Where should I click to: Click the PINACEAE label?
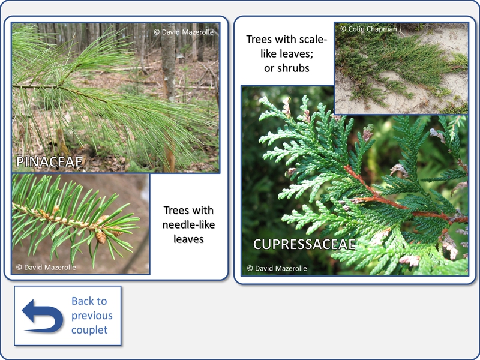point(49,161)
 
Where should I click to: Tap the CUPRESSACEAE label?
point(304,244)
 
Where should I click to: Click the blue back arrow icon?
point(43,316)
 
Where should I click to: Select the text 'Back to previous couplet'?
point(92,316)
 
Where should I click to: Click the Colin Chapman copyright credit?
point(368,29)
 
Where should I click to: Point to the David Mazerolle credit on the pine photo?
point(184,32)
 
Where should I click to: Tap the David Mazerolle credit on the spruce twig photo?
point(46,267)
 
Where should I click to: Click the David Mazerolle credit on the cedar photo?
point(277,268)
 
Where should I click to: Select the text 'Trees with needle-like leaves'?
point(188,224)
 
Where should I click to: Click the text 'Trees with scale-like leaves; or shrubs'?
point(287,53)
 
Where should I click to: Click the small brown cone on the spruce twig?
point(100,237)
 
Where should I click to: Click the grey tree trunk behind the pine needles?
point(168,61)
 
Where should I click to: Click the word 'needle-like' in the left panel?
point(188,224)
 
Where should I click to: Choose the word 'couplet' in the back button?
point(89,330)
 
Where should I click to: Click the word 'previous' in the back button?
point(92,316)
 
